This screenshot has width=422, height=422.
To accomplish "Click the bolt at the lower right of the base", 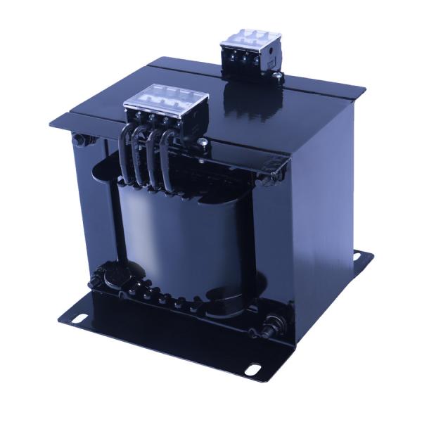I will click(269, 327).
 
